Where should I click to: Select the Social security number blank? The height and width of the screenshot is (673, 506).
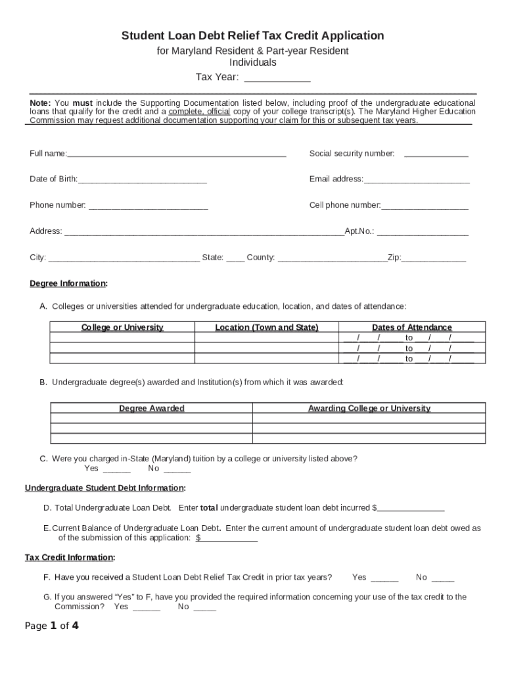436,155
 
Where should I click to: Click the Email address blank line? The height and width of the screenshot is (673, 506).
417,181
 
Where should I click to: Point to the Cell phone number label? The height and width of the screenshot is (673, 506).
344,205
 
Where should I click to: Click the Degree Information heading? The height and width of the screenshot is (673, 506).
68,284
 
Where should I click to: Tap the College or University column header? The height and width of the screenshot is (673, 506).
122,327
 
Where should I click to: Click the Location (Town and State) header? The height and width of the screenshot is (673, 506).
266,327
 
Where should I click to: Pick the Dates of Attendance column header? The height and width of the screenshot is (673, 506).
412,327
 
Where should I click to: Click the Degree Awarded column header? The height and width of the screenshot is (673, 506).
152,408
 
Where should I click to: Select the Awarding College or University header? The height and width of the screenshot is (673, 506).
369,408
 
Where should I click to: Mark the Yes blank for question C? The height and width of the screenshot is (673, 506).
117,471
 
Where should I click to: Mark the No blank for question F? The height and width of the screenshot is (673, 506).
443,580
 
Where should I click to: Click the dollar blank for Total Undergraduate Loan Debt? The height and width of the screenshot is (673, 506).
411,510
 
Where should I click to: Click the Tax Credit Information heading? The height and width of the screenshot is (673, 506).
70,557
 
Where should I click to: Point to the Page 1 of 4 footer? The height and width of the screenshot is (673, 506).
52,626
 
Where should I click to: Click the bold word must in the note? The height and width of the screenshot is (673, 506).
82,103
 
